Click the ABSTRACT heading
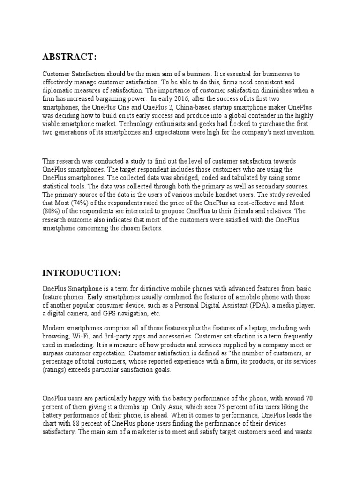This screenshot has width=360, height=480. [70, 57]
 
